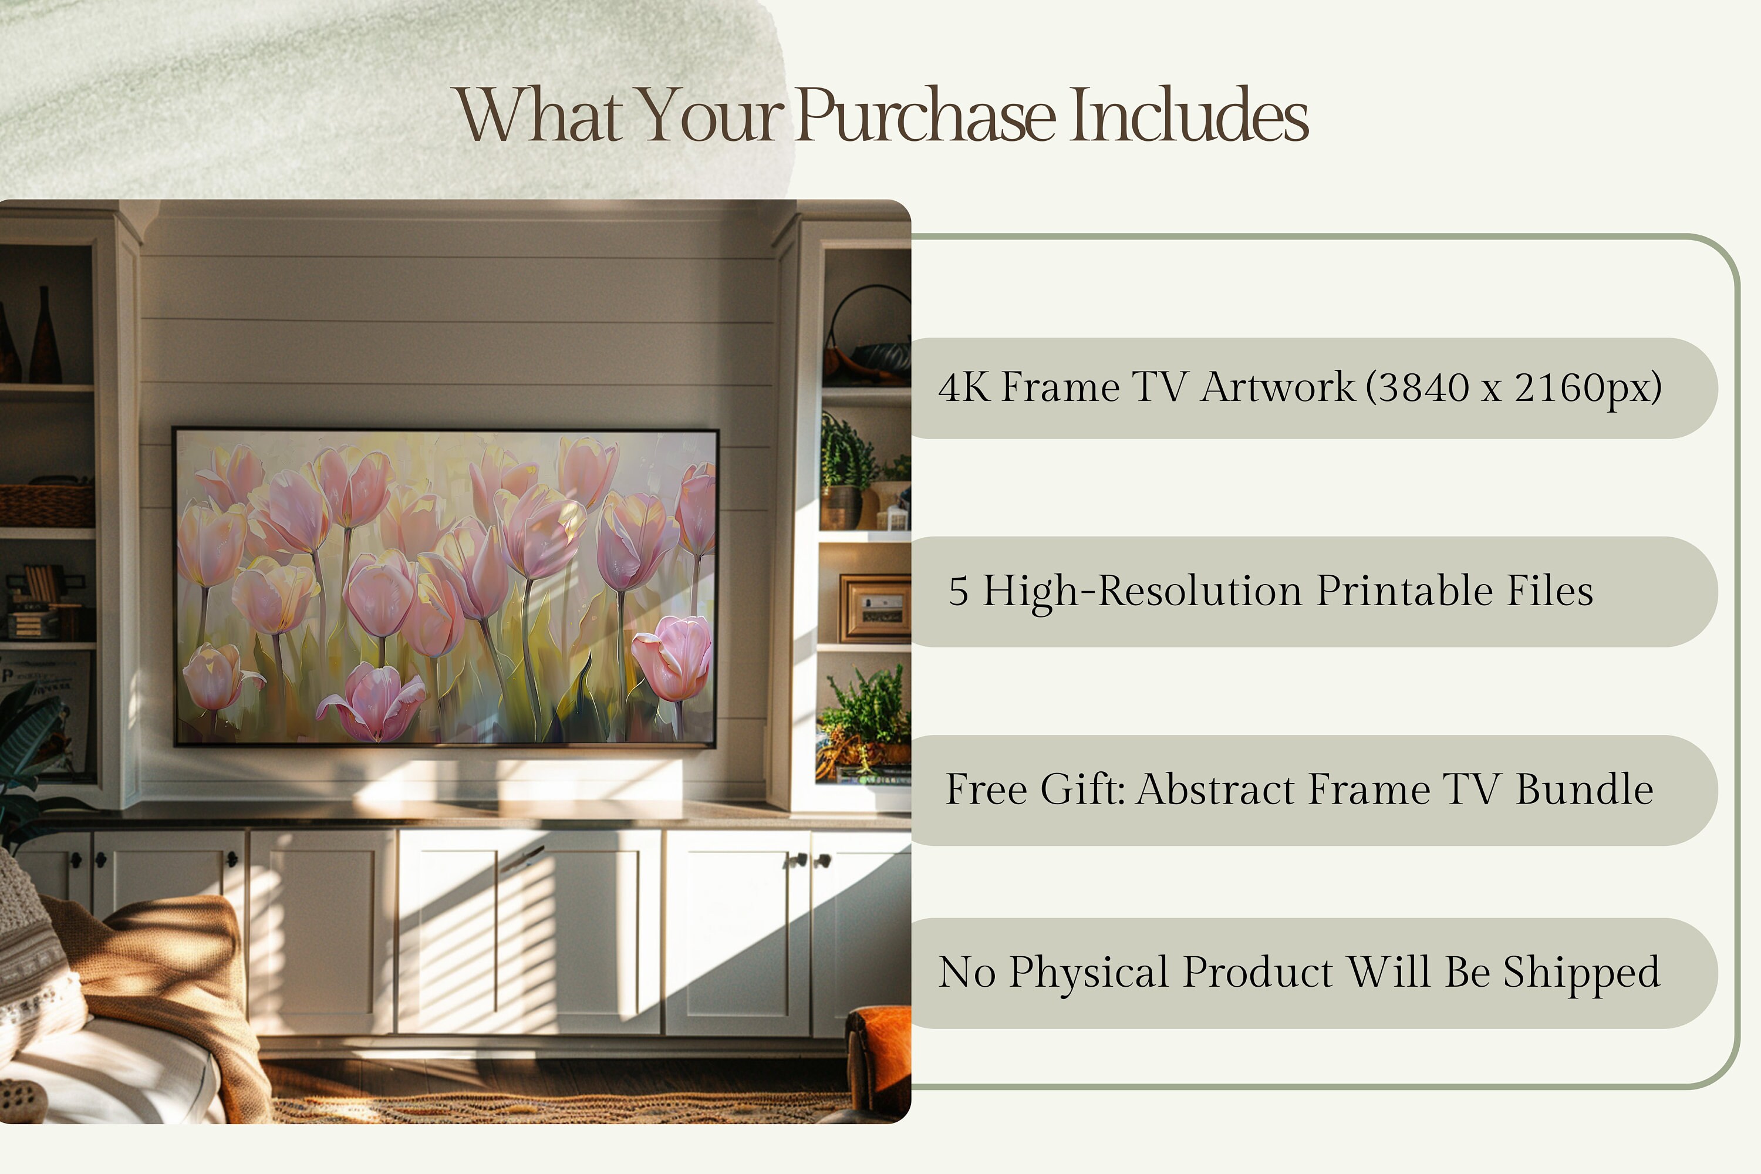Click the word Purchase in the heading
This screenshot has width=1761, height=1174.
(926, 116)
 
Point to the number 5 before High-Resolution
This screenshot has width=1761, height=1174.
(959, 592)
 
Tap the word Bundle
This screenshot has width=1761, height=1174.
(1584, 790)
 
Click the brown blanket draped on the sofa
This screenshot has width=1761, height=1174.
(172, 973)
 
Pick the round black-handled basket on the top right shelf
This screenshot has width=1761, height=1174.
(869, 337)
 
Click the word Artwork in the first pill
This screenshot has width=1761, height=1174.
(1277, 388)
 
